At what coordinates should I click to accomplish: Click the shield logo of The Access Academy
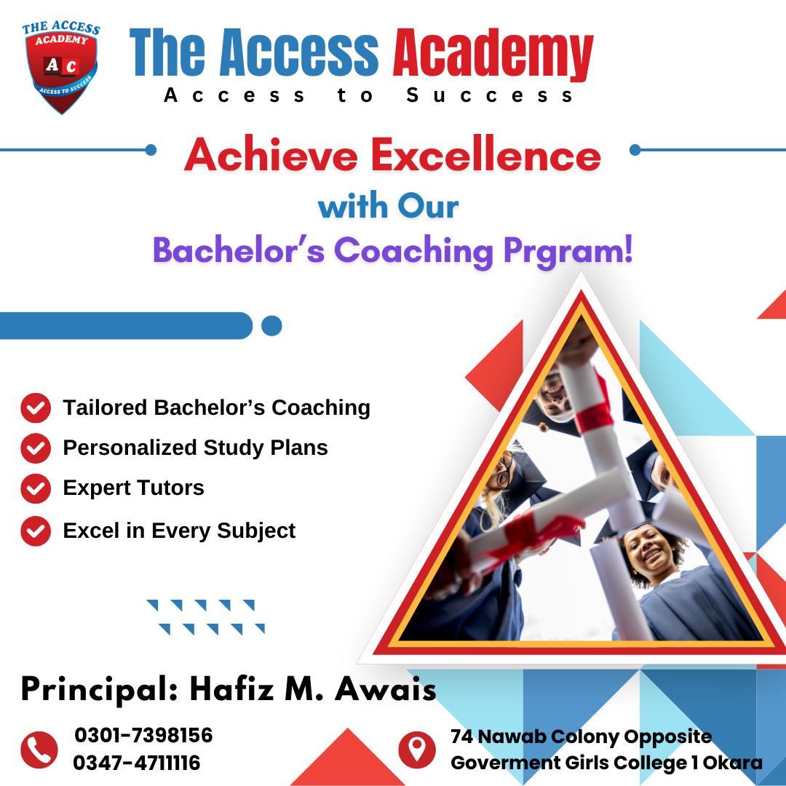pos(61,67)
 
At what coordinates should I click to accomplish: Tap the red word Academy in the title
pos(493,54)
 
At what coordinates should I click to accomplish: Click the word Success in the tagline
pos(489,95)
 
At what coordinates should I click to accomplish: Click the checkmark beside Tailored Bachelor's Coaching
pos(36,408)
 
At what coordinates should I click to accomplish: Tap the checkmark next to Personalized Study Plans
pos(36,448)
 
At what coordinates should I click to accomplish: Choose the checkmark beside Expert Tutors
pos(36,488)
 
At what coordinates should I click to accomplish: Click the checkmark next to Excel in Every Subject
pos(36,531)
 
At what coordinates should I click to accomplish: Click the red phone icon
pos(39,750)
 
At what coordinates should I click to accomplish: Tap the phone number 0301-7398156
pos(143,735)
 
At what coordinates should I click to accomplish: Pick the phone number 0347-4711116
pos(136,763)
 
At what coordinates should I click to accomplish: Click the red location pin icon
pos(417,750)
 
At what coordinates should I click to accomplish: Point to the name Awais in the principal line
pos(386,689)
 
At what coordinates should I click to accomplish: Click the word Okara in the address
pos(732,763)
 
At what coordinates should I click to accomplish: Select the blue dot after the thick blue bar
pos(271,326)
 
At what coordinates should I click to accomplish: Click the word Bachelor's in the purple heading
pos(239,250)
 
